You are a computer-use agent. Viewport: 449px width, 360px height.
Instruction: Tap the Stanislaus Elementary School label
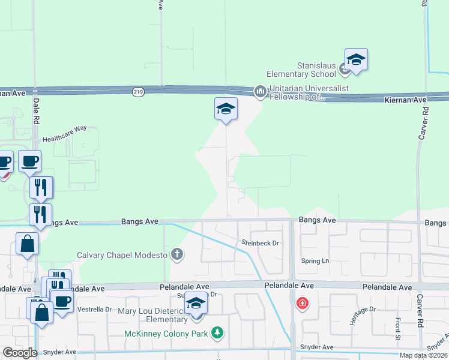tap(317, 70)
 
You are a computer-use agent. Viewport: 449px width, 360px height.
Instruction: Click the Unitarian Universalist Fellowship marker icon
tap(260, 91)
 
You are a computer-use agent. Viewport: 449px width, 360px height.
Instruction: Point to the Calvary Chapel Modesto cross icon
tap(176, 254)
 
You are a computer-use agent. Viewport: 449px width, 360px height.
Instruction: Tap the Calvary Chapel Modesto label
tap(122, 255)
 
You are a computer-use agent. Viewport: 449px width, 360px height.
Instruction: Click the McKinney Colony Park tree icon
tap(217, 332)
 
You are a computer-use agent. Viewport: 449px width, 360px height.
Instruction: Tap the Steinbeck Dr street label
tap(261, 243)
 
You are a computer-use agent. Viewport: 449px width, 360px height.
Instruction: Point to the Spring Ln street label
tap(317, 262)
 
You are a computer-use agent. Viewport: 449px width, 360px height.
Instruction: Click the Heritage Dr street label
tap(364, 309)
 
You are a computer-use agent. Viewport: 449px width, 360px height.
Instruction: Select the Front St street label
tap(397, 329)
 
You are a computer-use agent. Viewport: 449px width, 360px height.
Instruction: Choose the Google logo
tap(20, 353)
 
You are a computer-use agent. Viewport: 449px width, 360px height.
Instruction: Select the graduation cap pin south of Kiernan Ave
tap(226, 109)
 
